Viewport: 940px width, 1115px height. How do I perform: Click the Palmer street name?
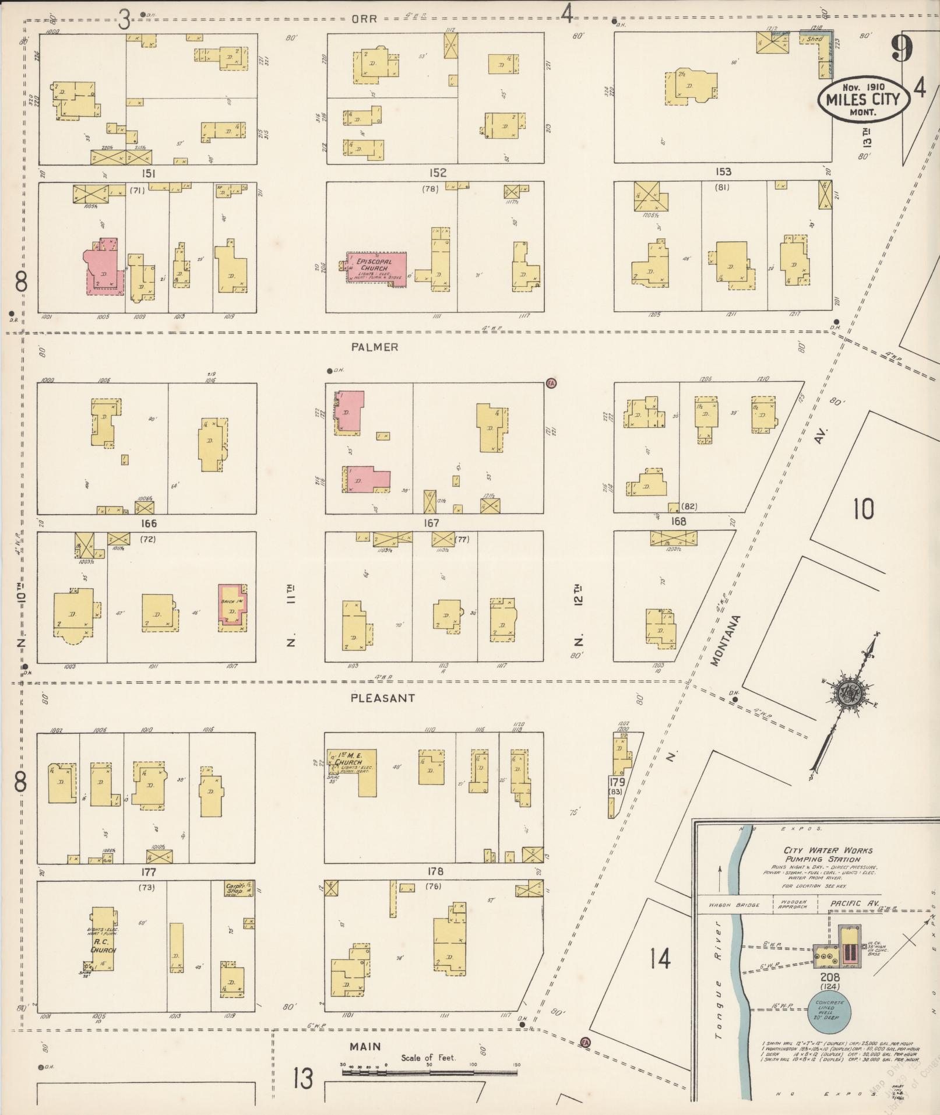point(375,347)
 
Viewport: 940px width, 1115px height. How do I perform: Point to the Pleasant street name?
point(382,698)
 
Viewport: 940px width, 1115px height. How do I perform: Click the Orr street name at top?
point(364,18)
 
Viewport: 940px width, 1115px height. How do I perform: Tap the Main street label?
point(365,1046)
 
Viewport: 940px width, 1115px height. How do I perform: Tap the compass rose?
point(846,692)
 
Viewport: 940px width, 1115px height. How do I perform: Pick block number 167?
point(431,523)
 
